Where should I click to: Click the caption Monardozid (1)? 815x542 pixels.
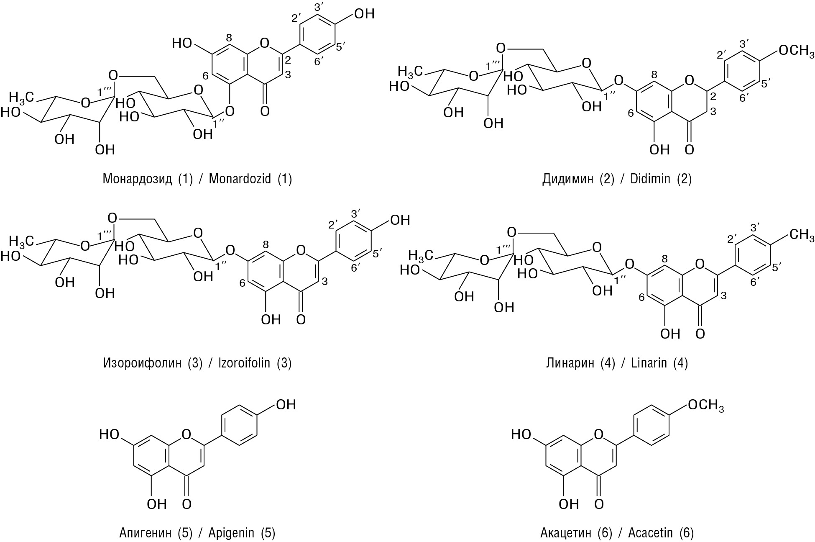(x=197, y=179)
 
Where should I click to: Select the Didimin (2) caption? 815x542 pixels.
(x=617, y=179)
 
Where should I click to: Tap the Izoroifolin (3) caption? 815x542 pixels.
(x=197, y=362)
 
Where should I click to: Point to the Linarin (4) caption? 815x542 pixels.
(x=617, y=362)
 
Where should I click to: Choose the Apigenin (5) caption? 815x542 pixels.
(x=197, y=533)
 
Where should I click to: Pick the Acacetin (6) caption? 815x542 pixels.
(x=617, y=533)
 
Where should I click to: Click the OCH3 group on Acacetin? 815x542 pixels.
(x=705, y=405)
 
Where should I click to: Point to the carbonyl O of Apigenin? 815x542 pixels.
(x=187, y=504)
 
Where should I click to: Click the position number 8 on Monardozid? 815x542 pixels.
(x=229, y=38)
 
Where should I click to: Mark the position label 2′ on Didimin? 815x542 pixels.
(x=723, y=55)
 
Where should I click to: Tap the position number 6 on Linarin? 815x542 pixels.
(x=641, y=298)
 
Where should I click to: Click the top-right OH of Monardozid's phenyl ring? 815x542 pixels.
(x=364, y=14)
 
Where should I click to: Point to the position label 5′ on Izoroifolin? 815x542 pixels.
(x=378, y=254)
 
